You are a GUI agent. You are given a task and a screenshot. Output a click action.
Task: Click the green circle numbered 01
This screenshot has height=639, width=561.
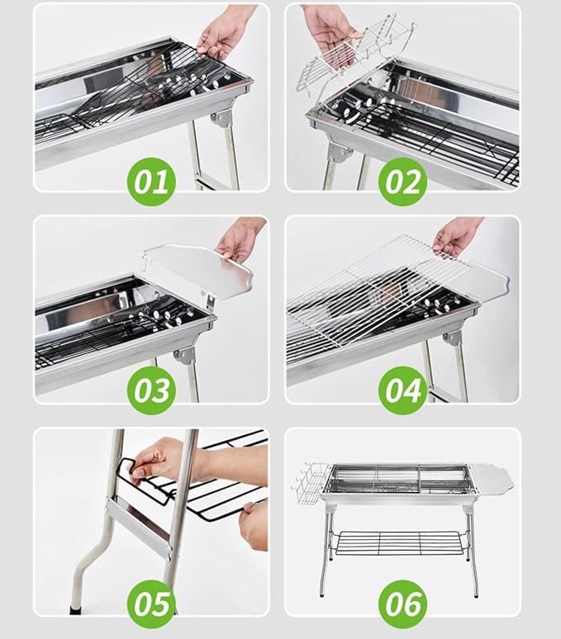pyautogui.click(x=152, y=182)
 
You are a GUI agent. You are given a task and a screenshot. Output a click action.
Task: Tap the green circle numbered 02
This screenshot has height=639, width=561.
pyautogui.click(x=403, y=182)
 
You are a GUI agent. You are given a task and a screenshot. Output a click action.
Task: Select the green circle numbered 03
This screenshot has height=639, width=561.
pyautogui.click(x=152, y=390)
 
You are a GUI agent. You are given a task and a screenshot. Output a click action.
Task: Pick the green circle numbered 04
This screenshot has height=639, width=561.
pyautogui.click(x=403, y=390)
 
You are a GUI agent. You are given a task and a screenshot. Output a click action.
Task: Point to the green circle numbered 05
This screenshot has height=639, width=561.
pyautogui.click(x=152, y=604)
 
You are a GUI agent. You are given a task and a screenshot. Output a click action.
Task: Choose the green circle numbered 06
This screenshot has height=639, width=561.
pyautogui.click(x=403, y=604)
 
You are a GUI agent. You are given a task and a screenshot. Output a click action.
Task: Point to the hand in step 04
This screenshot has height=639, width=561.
pyautogui.click(x=456, y=236)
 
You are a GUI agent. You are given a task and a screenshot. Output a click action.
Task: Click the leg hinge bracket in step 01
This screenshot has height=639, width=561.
pyautogui.click(x=222, y=119)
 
